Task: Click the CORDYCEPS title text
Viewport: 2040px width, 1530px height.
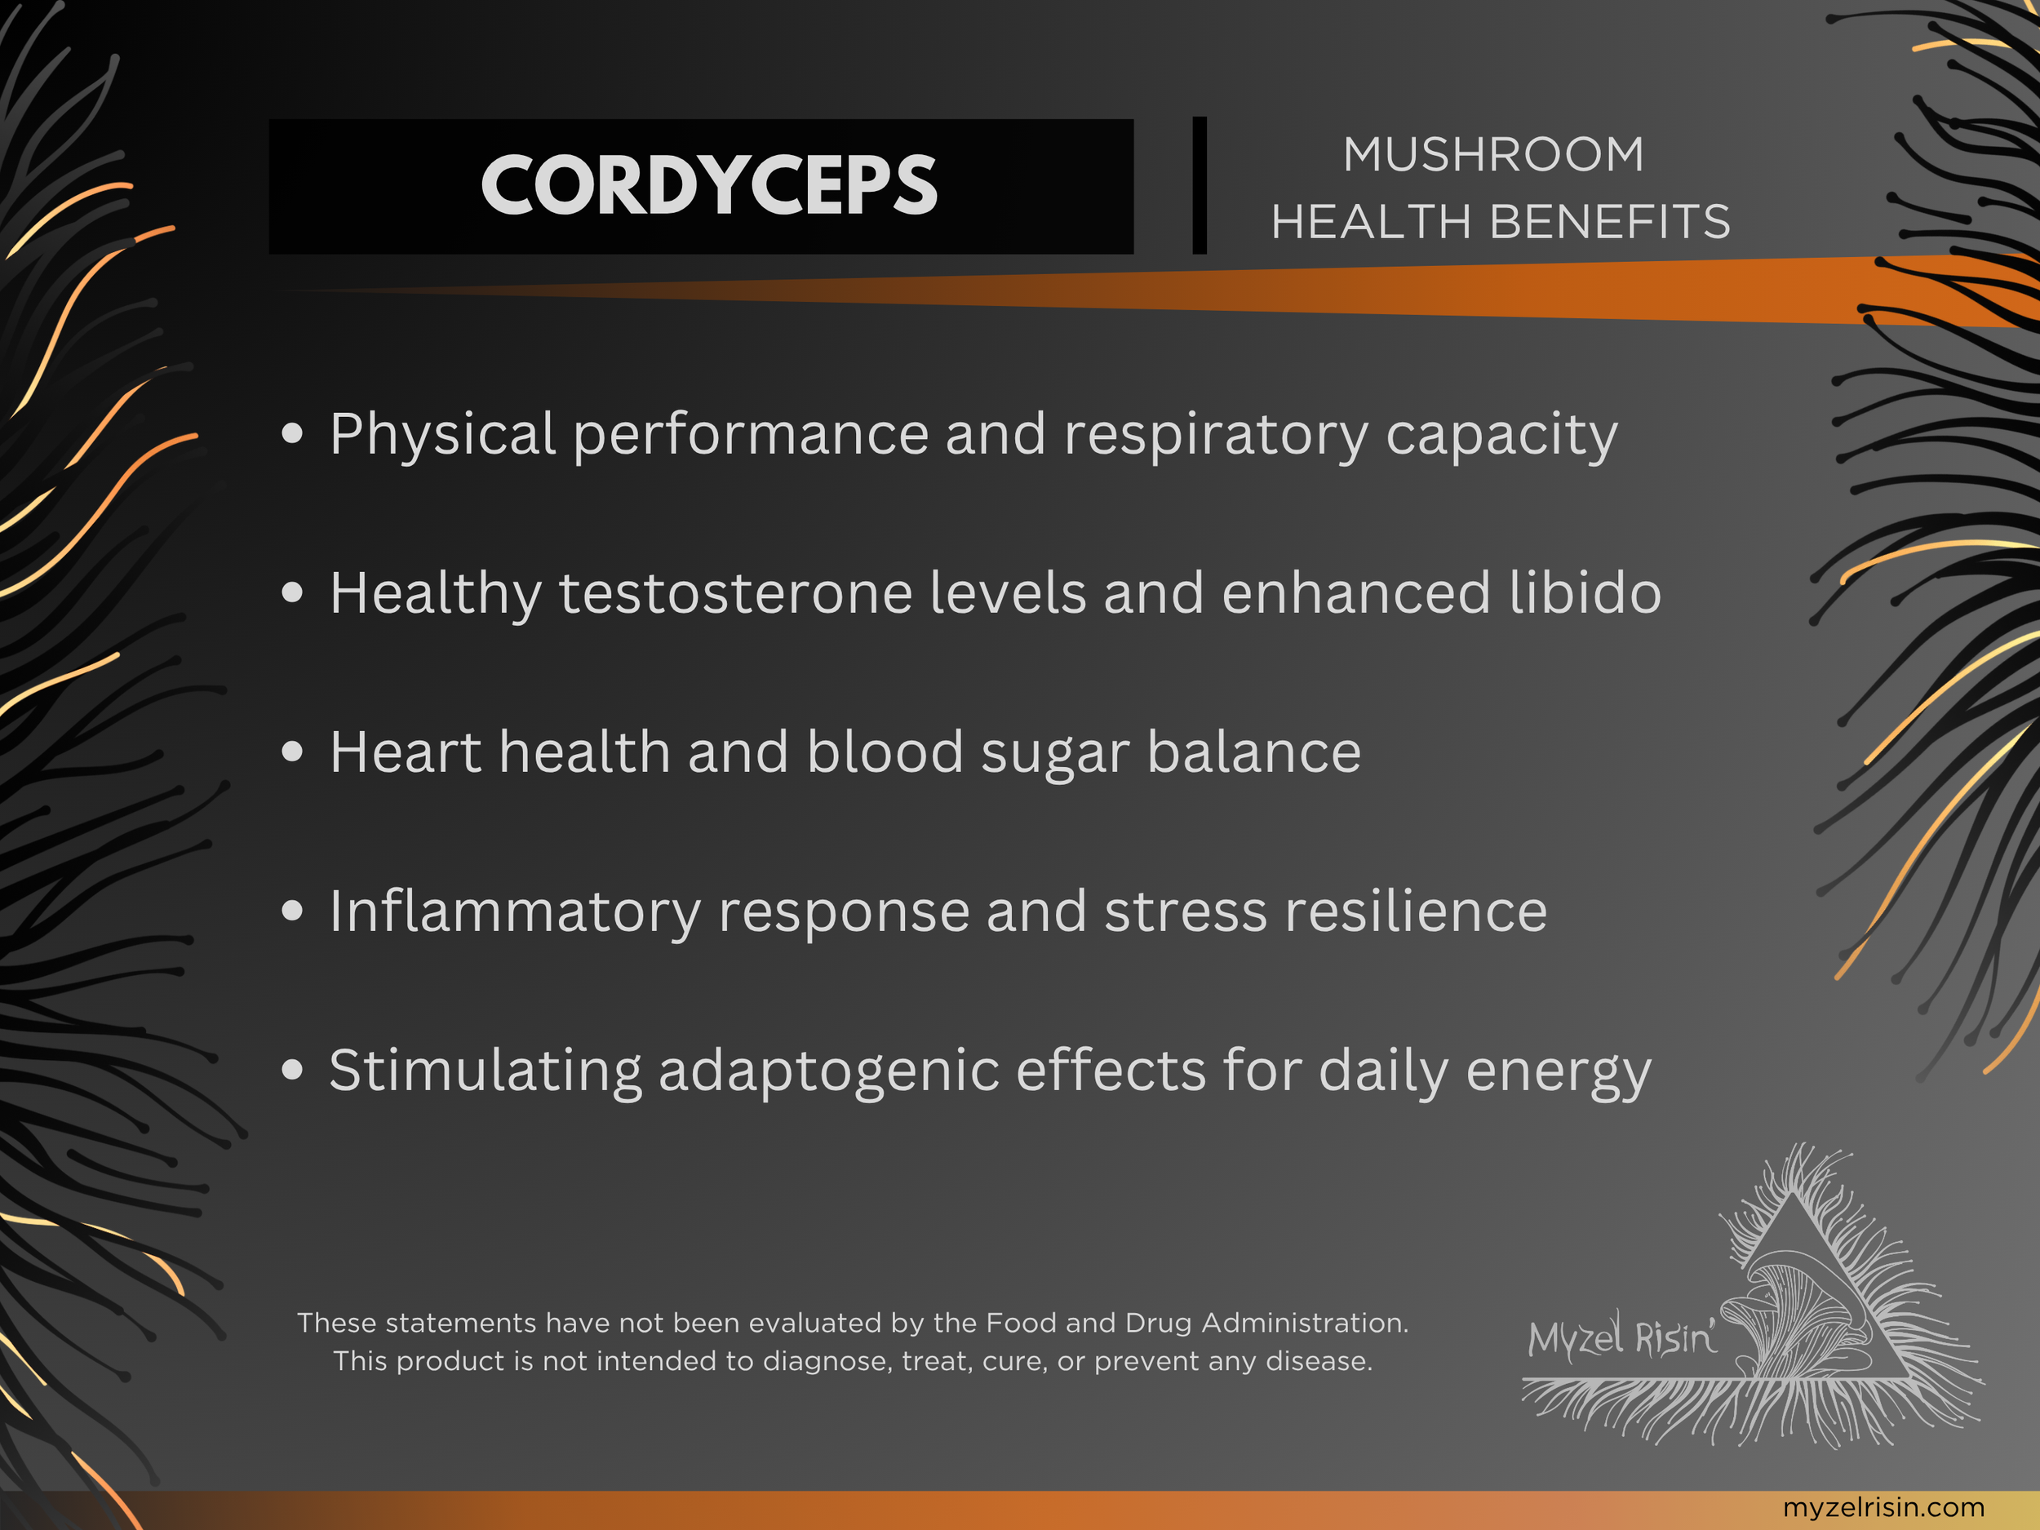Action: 708,185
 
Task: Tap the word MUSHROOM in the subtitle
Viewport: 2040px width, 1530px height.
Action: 1493,154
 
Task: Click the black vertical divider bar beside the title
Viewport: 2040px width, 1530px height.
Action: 1199,185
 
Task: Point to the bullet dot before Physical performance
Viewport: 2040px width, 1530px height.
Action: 292,432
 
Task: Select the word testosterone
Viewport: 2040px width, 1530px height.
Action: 736,592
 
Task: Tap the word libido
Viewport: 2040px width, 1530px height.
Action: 1585,592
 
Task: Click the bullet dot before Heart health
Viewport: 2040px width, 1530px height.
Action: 292,752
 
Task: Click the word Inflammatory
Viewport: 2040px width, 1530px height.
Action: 515,911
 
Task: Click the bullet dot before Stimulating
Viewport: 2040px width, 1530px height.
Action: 292,1070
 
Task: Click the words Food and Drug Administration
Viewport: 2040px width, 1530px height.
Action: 1196,1323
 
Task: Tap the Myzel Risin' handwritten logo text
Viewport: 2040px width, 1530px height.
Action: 1621,1337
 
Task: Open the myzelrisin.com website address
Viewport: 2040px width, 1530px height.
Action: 1883,1507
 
